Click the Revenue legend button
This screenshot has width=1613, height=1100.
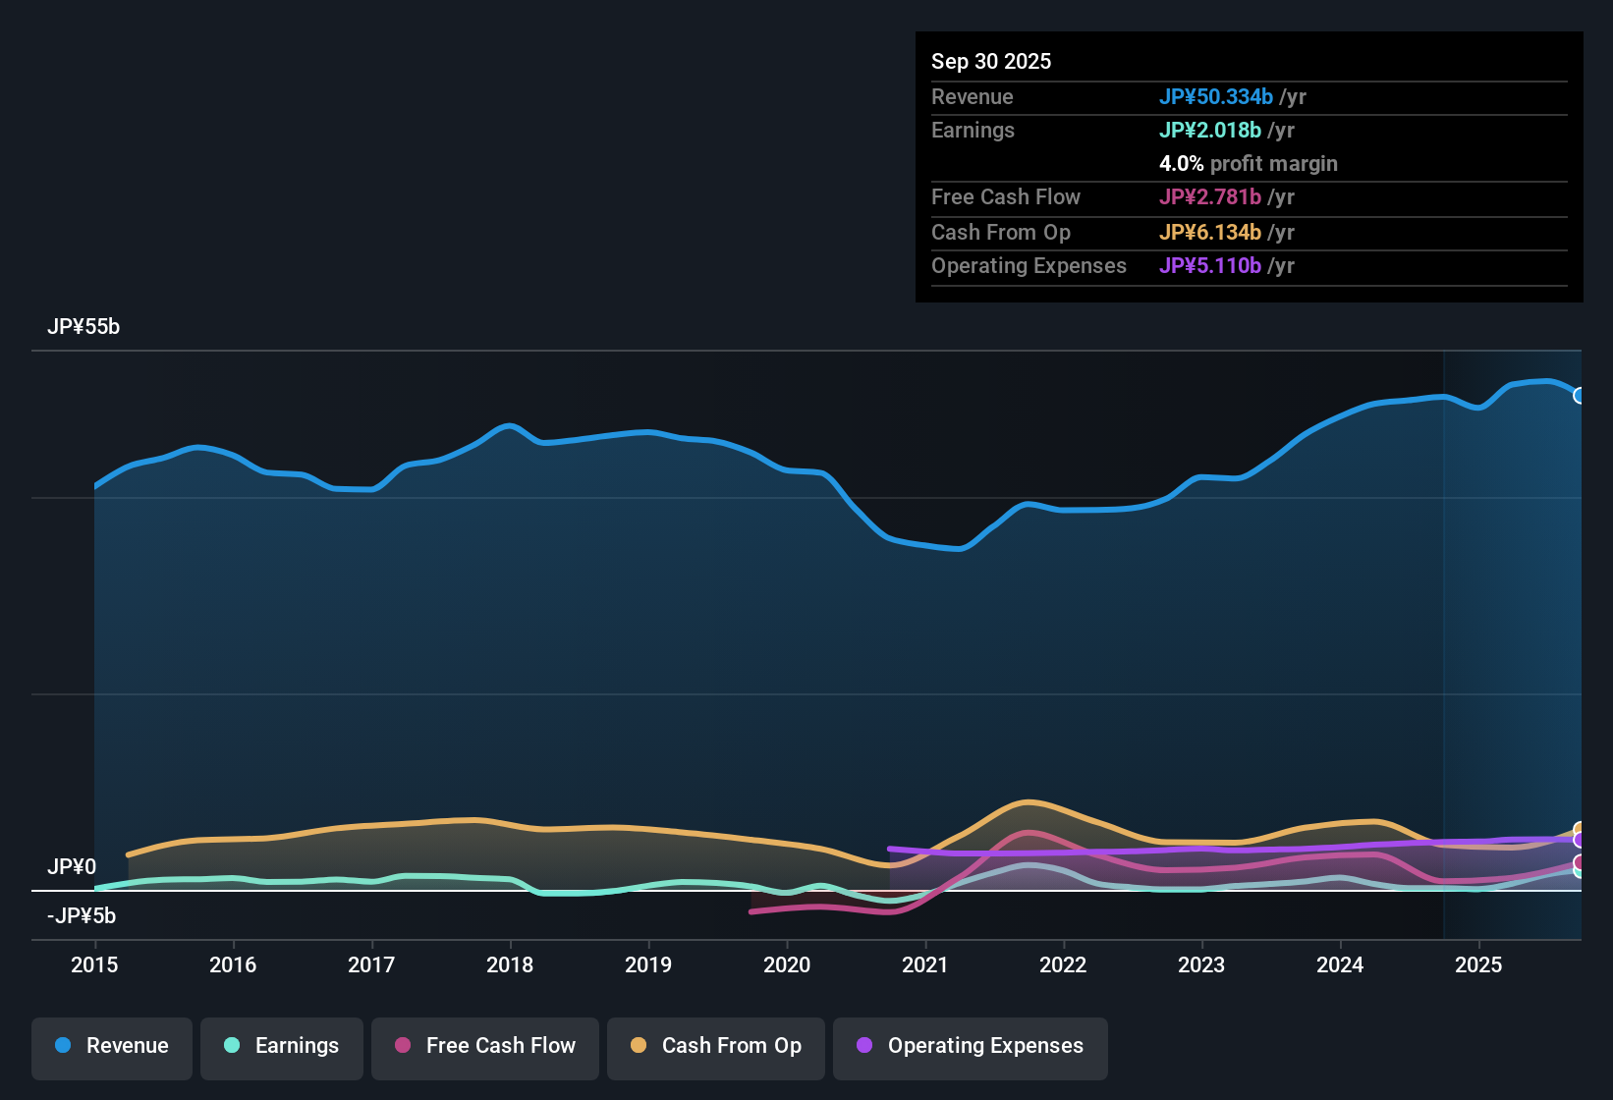112,1046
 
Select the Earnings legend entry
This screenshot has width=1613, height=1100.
282,1046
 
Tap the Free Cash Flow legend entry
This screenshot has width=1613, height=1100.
485,1046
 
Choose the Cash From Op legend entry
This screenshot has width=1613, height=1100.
716,1046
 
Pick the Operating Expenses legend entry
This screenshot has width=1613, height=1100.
971,1046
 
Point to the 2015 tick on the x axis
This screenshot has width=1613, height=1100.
94,964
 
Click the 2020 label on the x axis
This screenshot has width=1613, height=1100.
787,964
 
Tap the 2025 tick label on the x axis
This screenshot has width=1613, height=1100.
1478,964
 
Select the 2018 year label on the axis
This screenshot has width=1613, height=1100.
510,964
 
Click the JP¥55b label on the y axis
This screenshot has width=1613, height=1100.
83,327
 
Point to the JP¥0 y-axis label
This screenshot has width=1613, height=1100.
72,867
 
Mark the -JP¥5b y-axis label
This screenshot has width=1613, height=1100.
82,916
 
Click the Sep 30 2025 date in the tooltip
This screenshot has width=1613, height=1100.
991,61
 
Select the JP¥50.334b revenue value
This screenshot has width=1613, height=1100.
1216,96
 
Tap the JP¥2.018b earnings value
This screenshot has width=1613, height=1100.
1210,131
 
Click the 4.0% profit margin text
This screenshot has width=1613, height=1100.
1249,164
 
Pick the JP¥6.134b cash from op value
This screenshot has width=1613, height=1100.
1210,233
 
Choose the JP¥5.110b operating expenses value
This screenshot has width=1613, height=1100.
1210,266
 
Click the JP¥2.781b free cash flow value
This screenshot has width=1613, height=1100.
1210,197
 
